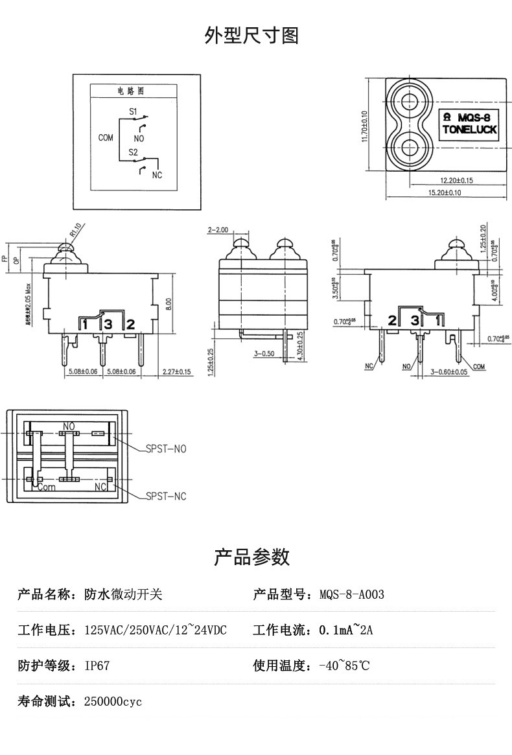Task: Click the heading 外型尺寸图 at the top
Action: (251, 36)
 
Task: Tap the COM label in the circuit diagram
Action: (106, 137)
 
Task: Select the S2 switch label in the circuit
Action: (134, 152)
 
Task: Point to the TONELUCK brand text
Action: (469, 130)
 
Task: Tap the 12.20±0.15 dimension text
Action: (456, 180)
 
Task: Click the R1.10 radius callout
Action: (76, 230)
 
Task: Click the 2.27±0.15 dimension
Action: (176, 372)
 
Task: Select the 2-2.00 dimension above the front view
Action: (218, 230)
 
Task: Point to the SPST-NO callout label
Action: (165, 448)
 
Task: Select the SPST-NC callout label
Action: (165, 496)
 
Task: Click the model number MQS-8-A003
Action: (352, 594)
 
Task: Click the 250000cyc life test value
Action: (113, 701)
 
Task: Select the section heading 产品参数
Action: (251, 556)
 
